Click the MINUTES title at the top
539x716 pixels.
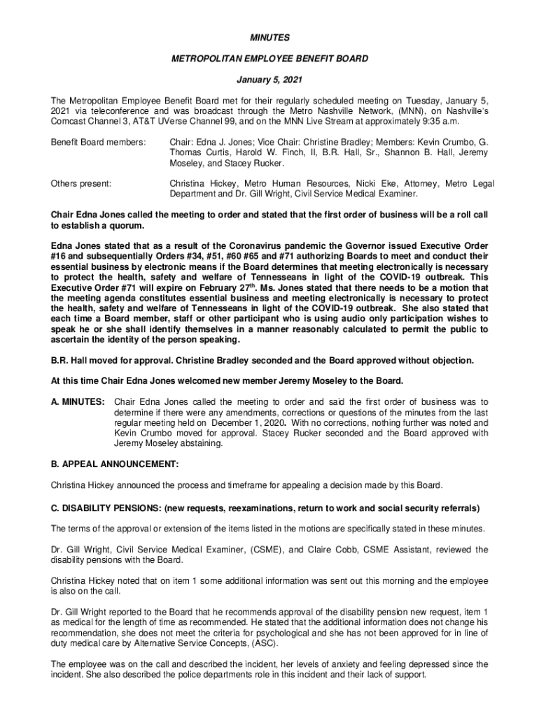tap(269, 37)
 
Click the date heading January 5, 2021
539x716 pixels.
tap(269, 79)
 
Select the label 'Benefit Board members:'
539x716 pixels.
tap(98, 143)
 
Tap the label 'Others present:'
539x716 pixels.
tap(80, 184)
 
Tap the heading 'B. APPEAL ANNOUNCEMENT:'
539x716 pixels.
tap(115, 464)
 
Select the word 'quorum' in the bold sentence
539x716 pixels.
tap(127, 227)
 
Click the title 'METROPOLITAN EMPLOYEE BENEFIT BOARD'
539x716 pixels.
tap(269, 59)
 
